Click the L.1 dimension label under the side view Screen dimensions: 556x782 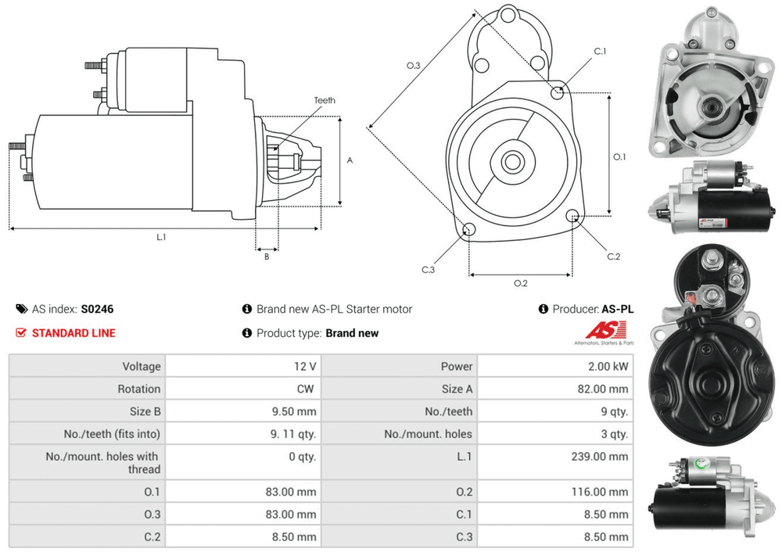click(x=161, y=236)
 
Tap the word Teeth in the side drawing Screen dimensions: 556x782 click(x=325, y=101)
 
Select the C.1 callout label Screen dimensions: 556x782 click(x=600, y=52)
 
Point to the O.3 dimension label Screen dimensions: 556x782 click(x=414, y=66)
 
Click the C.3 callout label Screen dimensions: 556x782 click(x=428, y=270)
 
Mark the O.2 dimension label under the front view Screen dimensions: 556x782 click(x=520, y=283)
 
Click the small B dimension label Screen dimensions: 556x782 click(x=266, y=256)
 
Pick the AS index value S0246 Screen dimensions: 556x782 click(x=97, y=309)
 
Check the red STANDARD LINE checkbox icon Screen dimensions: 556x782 click(x=21, y=332)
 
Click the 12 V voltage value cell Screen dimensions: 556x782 click(x=306, y=366)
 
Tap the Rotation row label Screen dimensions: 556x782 click(x=139, y=389)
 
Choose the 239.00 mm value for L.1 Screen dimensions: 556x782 click(x=601, y=457)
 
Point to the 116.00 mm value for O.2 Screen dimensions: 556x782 click(x=601, y=492)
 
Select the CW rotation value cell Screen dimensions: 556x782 click(x=307, y=389)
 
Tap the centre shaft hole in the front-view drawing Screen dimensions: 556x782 click(x=512, y=163)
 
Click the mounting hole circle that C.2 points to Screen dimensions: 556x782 click(x=573, y=215)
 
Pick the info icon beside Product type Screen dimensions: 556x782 click(x=247, y=332)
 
